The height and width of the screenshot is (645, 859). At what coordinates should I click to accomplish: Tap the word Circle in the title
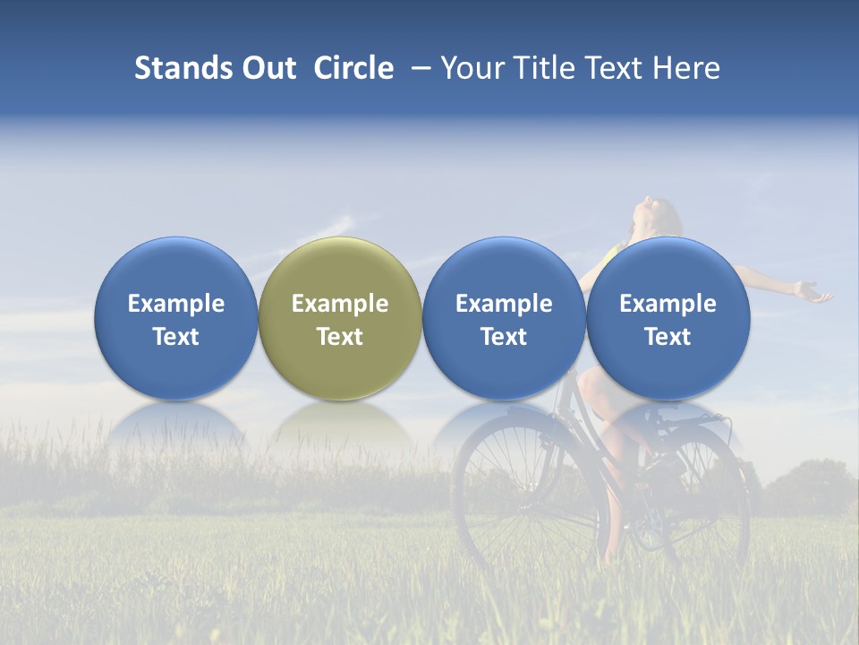pyautogui.click(x=353, y=68)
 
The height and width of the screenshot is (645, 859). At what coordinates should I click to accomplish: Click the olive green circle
pyautogui.click(x=340, y=269)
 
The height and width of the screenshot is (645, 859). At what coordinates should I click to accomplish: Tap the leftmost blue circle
pyautogui.click(x=176, y=269)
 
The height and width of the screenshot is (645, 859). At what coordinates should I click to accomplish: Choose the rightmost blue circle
pyautogui.click(x=668, y=269)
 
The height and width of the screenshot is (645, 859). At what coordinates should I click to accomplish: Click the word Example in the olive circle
pyautogui.click(x=340, y=304)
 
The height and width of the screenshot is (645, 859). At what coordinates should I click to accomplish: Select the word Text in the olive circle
pyautogui.click(x=340, y=337)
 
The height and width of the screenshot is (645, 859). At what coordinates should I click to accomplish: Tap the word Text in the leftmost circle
pyautogui.click(x=176, y=337)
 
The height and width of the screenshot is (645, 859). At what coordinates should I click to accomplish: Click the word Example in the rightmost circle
pyautogui.click(x=668, y=304)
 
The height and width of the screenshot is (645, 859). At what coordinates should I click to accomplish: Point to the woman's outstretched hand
pyautogui.click(x=812, y=292)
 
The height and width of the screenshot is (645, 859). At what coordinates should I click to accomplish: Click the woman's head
pyautogui.click(x=653, y=217)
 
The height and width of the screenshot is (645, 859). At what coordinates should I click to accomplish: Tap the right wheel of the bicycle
pyautogui.click(x=707, y=502)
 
